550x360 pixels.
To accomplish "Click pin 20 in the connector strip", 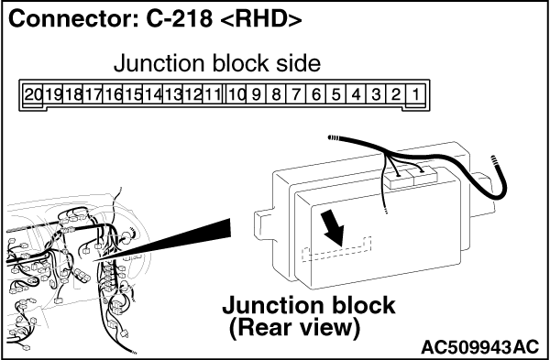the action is (x=33, y=94).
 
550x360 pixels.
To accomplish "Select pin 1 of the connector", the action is (x=415, y=94).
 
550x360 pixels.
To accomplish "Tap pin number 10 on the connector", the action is (x=236, y=94).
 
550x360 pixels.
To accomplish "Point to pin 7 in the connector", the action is (x=296, y=94).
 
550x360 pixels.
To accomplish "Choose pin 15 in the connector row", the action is (x=133, y=94).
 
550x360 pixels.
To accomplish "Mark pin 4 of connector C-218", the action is (x=356, y=94).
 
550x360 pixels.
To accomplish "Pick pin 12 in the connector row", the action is (x=192, y=94).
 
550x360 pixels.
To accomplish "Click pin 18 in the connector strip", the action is (x=73, y=94).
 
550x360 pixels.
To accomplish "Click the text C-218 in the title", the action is (x=179, y=19).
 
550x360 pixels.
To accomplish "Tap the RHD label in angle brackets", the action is (x=261, y=20).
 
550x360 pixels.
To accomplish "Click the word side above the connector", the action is (x=298, y=63).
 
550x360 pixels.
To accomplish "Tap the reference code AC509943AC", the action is (x=479, y=347).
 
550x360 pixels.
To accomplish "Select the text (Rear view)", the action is (x=294, y=328).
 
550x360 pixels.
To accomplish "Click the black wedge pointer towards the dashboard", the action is (x=162, y=240).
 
